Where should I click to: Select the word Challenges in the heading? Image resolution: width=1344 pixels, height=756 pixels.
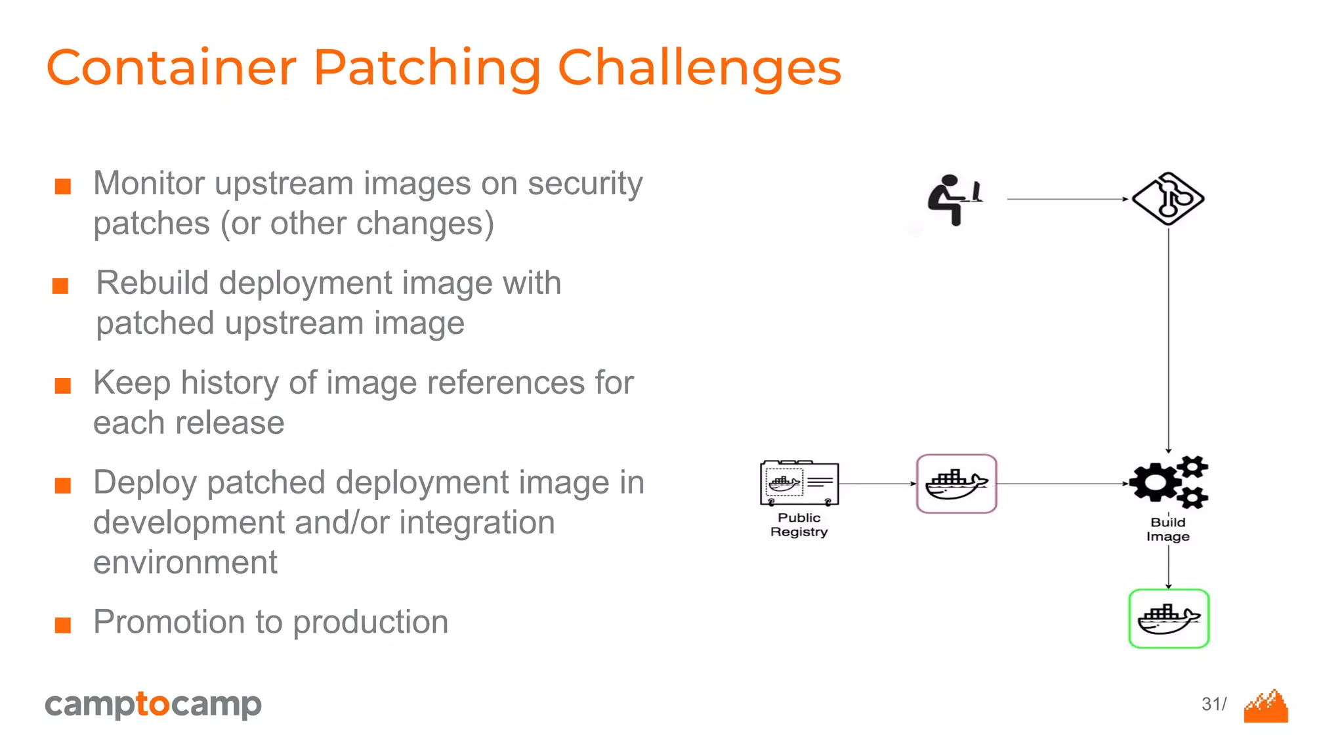pyautogui.click(x=699, y=68)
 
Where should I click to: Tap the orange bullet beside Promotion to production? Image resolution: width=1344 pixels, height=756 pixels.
pyautogui.click(x=63, y=625)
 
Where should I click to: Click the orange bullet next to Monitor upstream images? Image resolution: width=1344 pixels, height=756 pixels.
pyautogui.click(x=63, y=186)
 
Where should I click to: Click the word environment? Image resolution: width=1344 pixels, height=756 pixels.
pyautogui.click(x=185, y=563)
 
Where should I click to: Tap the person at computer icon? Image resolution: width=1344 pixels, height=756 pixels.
pyautogui.click(x=954, y=199)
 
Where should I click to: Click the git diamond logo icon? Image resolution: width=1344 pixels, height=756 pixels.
pyautogui.click(x=1168, y=199)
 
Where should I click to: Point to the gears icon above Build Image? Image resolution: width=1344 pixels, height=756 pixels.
pyautogui.click(x=1168, y=483)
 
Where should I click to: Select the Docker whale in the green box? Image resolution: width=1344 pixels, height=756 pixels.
pyautogui.click(x=1168, y=619)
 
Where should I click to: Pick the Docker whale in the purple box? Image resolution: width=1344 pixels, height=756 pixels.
pyautogui.click(x=956, y=484)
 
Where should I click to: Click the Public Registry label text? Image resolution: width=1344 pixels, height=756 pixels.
pyautogui.click(x=799, y=525)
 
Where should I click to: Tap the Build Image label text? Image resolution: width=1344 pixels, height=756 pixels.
pyautogui.click(x=1168, y=530)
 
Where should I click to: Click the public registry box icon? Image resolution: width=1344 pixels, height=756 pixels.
pyautogui.click(x=799, y=484)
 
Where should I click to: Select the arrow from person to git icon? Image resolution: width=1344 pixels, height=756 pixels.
pyautogui.click(x=1066, y=199)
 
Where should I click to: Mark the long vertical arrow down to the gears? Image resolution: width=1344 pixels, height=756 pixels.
pyautogui.click(x=1168, y=341)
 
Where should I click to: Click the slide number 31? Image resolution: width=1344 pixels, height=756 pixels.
pyautogui.click(x=1211, y=704)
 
